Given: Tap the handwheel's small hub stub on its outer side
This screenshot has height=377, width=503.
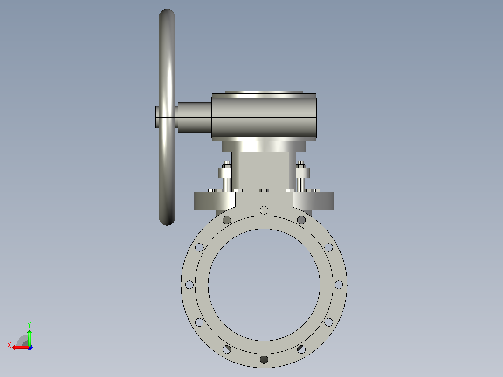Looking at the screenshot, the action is click(x=157, y=117).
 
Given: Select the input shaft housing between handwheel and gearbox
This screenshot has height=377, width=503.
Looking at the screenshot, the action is click(x=195, y=117).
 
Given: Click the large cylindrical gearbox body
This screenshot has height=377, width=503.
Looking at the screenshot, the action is click(x=264, y=117).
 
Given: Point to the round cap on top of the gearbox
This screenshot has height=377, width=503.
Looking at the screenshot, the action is click(x=264, y=92).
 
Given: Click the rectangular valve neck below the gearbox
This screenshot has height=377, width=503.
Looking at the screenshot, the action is click(x=264, y=172).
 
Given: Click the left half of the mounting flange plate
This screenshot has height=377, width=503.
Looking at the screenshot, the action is click(x=215, y=201).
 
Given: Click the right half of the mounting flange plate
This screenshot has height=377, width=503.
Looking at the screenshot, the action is click(x=314, y=201).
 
